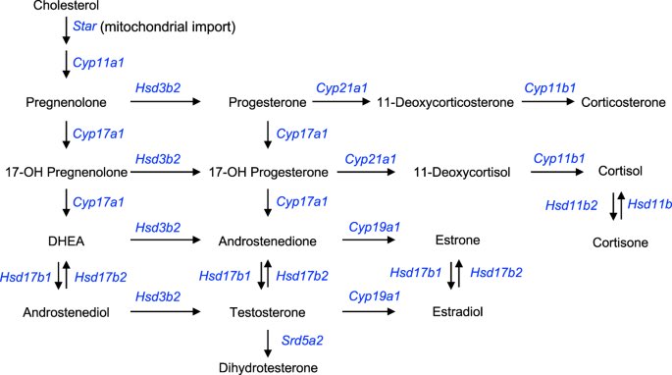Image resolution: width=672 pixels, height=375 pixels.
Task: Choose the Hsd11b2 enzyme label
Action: (571, 205)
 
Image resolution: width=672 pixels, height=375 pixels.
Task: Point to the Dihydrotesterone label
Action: (269, 368)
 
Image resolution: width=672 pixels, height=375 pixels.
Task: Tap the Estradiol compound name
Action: (456, 311)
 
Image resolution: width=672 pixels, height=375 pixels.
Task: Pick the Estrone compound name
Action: (456, 241)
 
